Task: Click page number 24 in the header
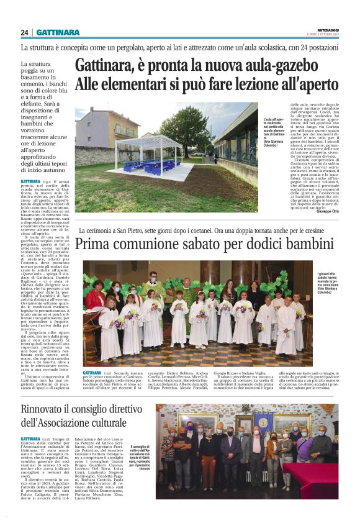(x=24, y=32)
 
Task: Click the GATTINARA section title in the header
(x=58, y=32)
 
